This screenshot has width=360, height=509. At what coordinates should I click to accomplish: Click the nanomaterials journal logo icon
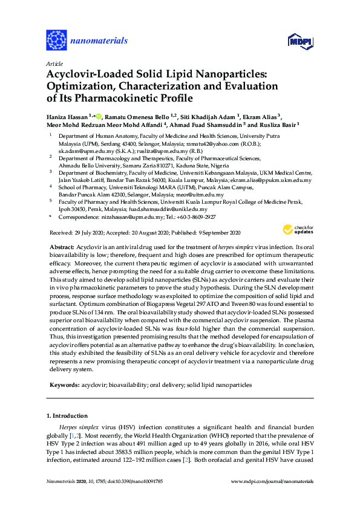pyautogui.click(x=56, y=41)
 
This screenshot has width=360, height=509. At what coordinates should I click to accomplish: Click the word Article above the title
pyautogui.click(x=54, y=63)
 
